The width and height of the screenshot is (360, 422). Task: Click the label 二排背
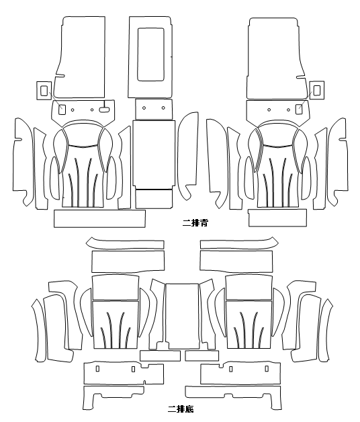point(195,223)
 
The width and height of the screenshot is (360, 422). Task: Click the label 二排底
point(181,409)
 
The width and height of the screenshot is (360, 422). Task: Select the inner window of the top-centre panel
point(150,54)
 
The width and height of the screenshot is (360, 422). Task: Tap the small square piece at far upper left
point(44,91)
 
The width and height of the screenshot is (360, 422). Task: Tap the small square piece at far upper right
point(317,90)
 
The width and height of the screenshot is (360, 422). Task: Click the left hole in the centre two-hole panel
point(144,108)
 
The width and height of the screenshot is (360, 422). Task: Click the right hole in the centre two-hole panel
point(163,108)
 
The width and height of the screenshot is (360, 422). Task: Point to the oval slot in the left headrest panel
point(103,110)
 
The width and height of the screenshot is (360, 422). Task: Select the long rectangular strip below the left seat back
point(100,218)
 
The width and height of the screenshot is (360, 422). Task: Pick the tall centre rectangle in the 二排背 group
point(154,153)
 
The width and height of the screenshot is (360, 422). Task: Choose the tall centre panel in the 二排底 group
point(182,316)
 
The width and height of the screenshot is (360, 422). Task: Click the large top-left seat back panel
point(80,57)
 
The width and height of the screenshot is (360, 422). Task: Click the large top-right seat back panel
point(276,58)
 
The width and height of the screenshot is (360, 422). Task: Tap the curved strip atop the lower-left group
point(125,244)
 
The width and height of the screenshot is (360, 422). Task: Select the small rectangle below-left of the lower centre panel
point(160,355)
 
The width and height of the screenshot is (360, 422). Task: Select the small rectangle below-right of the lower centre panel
point(201,355)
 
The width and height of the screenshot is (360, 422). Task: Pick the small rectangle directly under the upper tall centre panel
point(154,199)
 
